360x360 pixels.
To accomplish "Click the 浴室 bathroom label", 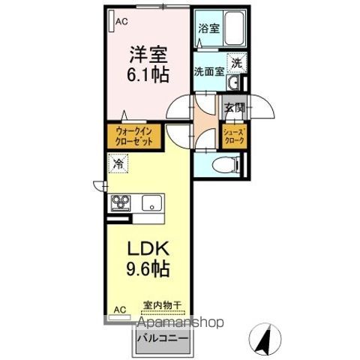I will (208, 29).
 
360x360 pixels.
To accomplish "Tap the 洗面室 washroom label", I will (209, 73).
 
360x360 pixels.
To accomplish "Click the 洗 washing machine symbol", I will (236, 64).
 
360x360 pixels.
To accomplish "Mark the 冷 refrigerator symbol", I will (118, 162).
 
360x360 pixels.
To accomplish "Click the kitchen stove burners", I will (121, 202).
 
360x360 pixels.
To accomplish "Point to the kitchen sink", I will (154, 202).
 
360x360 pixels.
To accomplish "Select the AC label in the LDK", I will (120, 309).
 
